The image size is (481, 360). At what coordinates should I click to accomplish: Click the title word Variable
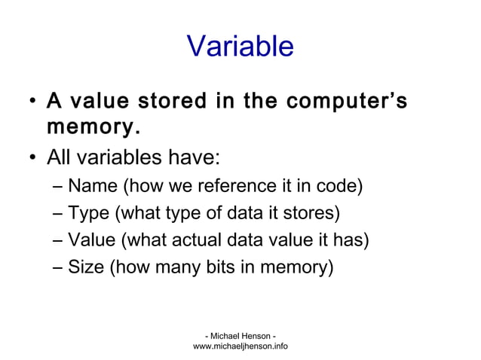pyautogui.click(x=240, y=47)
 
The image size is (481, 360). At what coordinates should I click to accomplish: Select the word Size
pyautogui.click(x=86, y=267)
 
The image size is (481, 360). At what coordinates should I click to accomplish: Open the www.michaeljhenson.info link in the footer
pyautogui.click(x=240, y=346)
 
